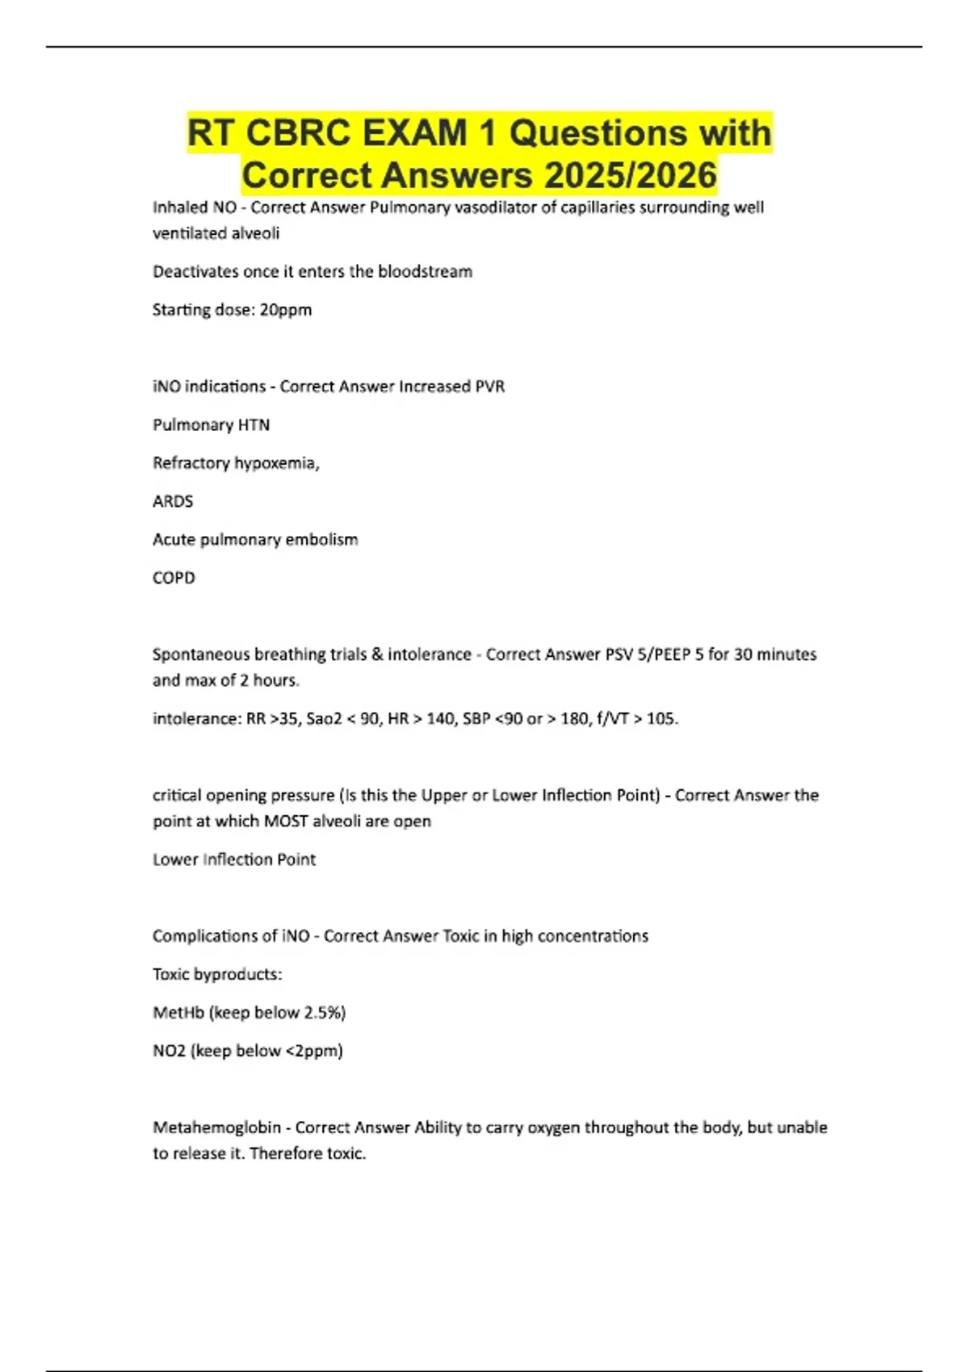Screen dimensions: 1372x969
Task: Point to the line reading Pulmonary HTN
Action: [211, 425]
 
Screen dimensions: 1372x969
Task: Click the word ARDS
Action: [173, 501]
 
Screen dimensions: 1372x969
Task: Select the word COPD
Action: [174, 578]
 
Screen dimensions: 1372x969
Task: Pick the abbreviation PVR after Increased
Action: [489, 387]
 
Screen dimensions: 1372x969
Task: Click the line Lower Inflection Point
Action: [234, 860]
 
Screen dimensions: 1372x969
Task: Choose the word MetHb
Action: [178, 1013]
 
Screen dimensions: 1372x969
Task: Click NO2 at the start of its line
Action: [169, 1051]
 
